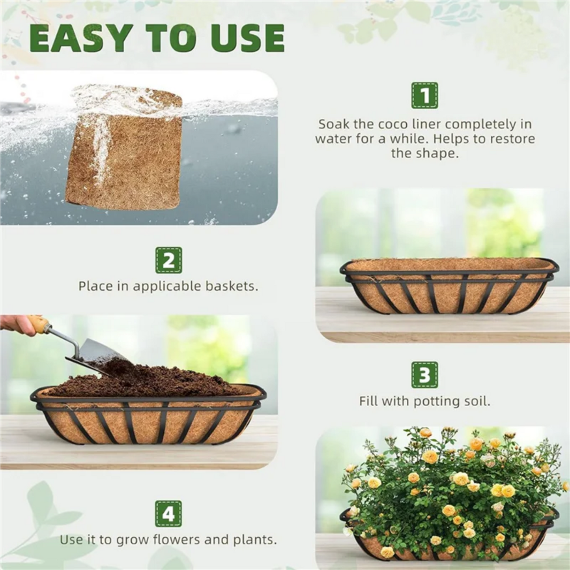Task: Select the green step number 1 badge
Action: [x=424, y=95]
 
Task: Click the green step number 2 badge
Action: [x=168, y=260]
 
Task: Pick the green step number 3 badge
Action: [x=424, y=375]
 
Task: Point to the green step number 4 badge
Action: [x=168, y=514]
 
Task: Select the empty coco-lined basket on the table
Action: [x=449, y=286]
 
